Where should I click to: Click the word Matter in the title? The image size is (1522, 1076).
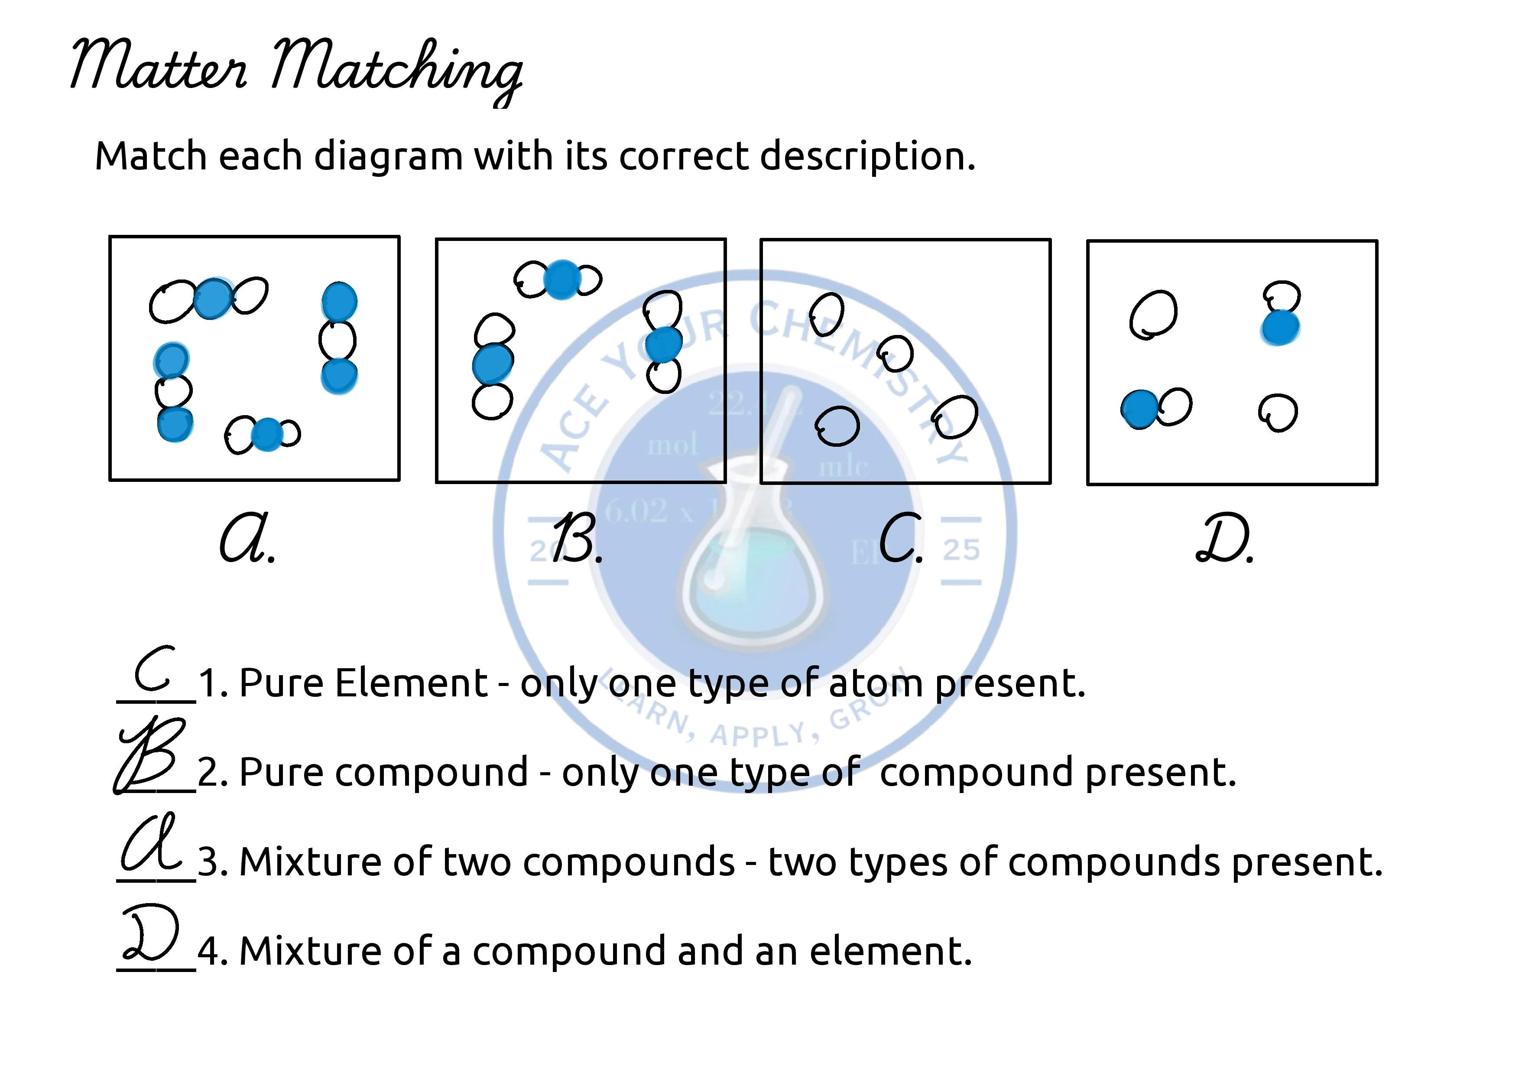point(159,66)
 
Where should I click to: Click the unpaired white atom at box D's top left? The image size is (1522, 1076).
point(1153,314)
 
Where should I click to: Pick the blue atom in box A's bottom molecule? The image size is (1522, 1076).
point(267,434)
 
